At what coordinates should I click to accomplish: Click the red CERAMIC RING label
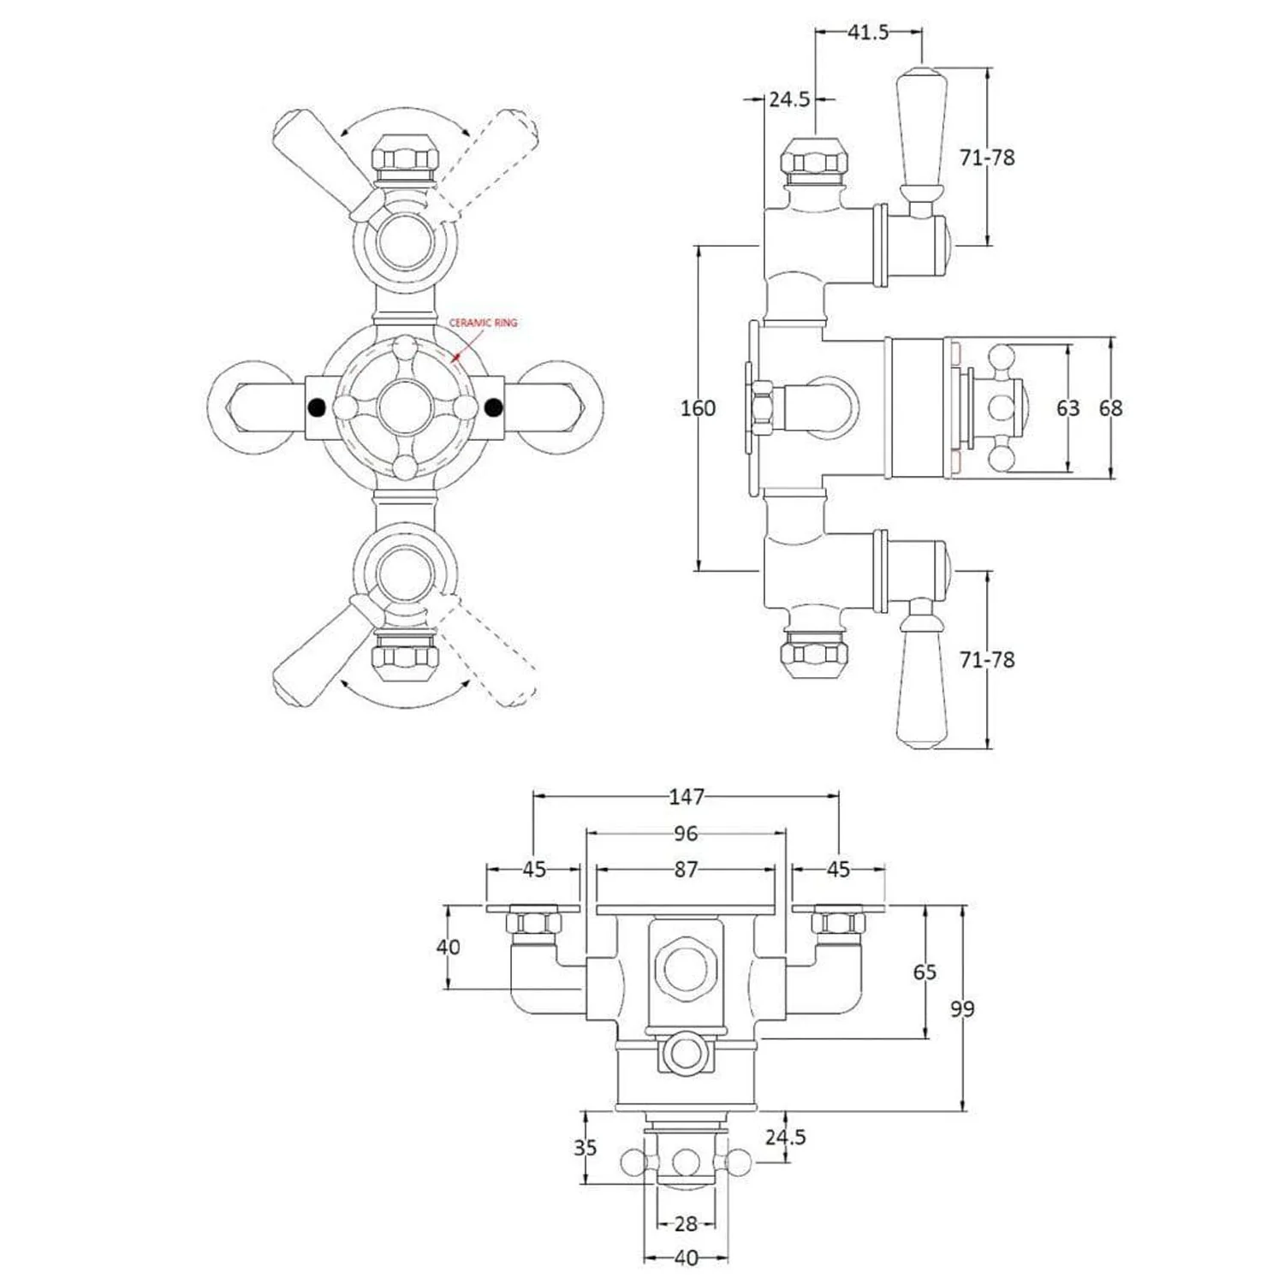tap(484, 323)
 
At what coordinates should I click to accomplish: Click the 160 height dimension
tap(698, 408)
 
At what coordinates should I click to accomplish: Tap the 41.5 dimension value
tap(868, 33)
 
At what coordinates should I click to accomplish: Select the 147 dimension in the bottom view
tap(687, 797)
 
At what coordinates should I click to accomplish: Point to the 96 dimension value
tap(686, 833)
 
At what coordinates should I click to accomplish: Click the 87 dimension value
tap(686, 870)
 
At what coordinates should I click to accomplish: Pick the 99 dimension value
tap(962, 1009)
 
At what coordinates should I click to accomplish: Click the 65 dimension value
tap(924, 972)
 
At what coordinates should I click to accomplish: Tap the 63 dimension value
tap(1067, 408)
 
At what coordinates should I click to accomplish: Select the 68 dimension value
tap(1110, 408)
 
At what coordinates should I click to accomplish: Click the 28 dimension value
tap(686, 1224)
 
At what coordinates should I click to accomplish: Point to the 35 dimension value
tap(586, 1147)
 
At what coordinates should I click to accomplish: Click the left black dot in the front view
tap(317, 407)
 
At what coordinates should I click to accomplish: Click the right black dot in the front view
tap(493, 407)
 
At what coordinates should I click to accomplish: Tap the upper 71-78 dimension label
tap(987, 158)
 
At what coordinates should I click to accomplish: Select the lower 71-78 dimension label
tap(987, 660)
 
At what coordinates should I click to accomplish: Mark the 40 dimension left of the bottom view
tap(448, 947)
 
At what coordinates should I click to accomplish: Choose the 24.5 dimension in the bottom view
tap(785, 1137)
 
